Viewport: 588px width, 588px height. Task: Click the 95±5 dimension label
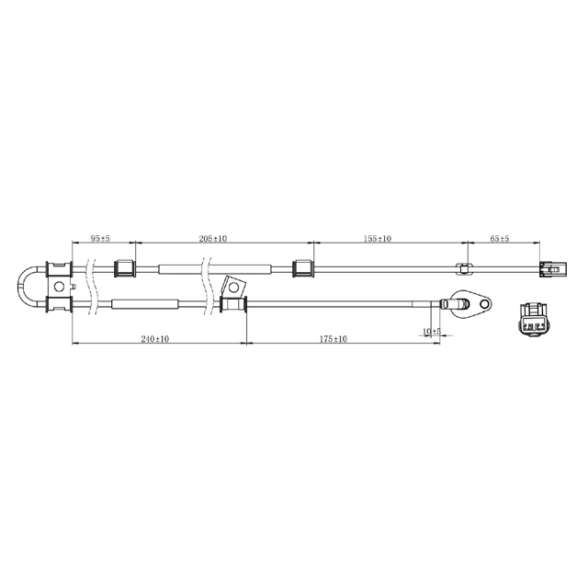[x=100, y=239]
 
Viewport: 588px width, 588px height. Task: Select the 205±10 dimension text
[x=214, y=239]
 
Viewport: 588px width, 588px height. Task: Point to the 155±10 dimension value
[x=378, y=239]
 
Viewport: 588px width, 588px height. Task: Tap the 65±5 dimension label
[x=500, y=239]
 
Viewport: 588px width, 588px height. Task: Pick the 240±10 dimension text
[x=155, y=339]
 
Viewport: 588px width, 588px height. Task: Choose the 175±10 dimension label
[x=334, y=339]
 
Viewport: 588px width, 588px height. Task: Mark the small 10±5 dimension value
[x=431, y=332]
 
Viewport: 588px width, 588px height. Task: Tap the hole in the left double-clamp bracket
[x=59, y=287]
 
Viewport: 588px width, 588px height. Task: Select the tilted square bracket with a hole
[x=232, y=288]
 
